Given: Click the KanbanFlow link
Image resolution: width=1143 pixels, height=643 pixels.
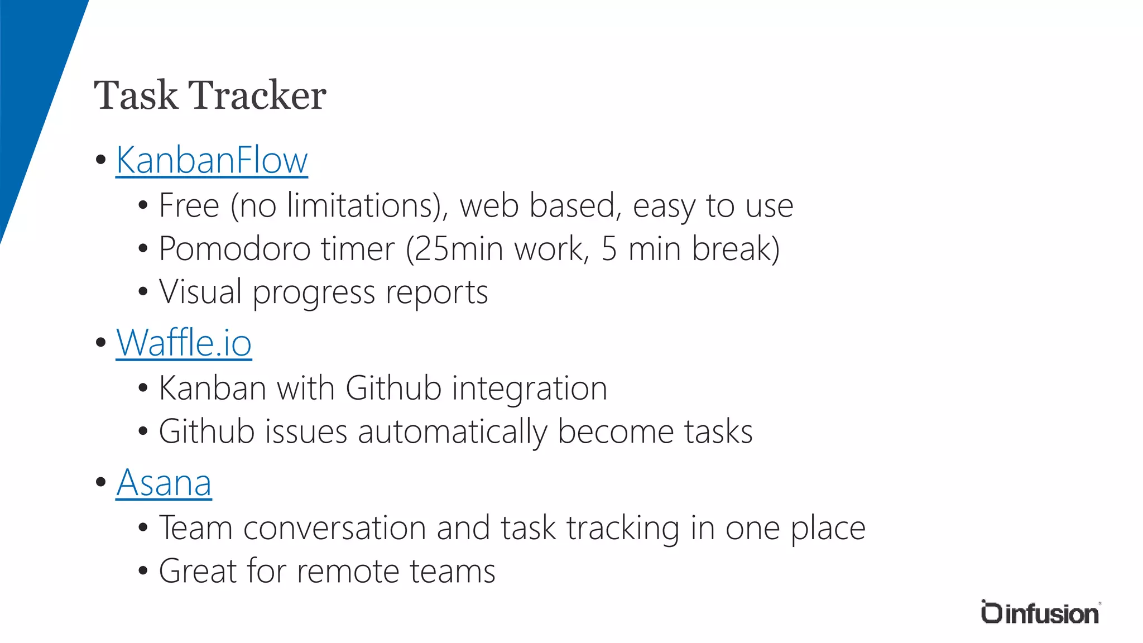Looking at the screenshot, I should pos(212,161).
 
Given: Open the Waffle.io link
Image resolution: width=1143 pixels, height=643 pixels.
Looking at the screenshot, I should pos(184,343).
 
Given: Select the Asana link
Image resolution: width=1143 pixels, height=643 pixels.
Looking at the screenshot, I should pos(164,483).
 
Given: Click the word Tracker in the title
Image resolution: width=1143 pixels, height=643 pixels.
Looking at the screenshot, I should pos(257,95).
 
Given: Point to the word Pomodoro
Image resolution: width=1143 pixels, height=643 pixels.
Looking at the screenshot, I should pos(234,249).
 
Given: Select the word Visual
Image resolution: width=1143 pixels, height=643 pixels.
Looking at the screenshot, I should pos(200,292).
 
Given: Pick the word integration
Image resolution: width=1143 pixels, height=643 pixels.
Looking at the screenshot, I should pos(529,388).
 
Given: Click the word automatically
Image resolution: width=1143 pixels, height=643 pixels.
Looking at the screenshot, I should pos(453,432).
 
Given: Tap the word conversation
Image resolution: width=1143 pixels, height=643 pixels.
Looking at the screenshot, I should pos(334,528).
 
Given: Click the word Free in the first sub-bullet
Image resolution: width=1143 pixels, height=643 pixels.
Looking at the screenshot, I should pos(189,205).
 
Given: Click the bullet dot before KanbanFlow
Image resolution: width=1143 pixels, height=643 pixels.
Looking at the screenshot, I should pos(101,160).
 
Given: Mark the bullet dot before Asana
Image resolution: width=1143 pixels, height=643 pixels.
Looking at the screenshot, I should pos(101,482).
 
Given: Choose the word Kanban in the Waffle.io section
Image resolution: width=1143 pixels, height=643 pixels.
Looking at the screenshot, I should pos(212,388).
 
